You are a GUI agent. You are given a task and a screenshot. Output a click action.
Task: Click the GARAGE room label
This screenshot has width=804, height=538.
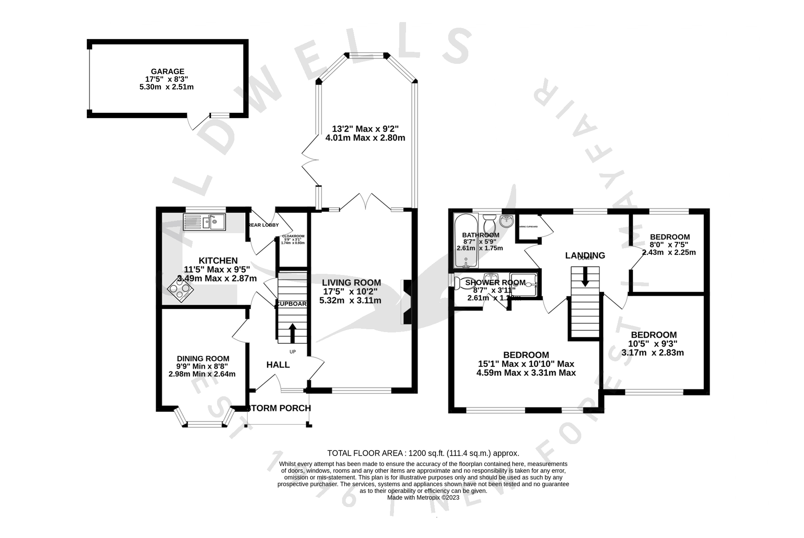click(x=168, y=71)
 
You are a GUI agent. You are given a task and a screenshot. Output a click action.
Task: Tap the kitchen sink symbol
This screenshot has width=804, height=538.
click(x=205, y=222)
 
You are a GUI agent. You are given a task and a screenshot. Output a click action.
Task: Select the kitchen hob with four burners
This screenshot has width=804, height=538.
click(x=180, y=288)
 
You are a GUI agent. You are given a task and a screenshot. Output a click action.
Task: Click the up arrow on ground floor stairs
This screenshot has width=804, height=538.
click(x=292, y=332)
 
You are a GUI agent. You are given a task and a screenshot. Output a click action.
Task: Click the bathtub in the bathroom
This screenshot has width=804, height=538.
click(x=466, y=241)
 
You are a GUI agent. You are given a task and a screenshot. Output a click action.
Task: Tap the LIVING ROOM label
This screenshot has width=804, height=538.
click(x=351, y=283)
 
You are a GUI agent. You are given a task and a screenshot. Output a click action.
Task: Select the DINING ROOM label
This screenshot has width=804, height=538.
click(x=203, y=359)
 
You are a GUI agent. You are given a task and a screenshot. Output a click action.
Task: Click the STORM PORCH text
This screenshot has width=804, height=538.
click(x=279, y=408)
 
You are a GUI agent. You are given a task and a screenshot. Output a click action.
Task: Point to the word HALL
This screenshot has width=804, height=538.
click(x=278, y=365)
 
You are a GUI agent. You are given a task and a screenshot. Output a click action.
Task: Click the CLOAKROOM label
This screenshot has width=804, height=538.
click(x=293, y=236)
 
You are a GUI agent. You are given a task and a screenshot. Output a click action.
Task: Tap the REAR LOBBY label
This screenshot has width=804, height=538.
click(x=264, y=225)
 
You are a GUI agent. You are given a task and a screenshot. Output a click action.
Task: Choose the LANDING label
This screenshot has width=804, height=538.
click(x=585, y=255)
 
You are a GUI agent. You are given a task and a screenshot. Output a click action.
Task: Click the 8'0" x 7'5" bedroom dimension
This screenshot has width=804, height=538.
click(x=669, y=245)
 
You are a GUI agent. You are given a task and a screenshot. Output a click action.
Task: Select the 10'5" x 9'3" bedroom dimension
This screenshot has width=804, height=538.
click(x=653, y=344)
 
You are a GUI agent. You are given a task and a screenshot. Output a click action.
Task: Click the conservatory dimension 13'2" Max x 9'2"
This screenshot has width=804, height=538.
click(x=365, y=129)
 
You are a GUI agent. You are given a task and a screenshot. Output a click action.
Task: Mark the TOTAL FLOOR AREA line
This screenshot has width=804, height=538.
click(x=423, y=453)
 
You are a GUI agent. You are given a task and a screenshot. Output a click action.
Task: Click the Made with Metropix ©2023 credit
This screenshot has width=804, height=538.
click(x=423, y=497)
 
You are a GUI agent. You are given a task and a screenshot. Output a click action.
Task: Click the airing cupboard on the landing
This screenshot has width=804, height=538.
click(x=529, y=227)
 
